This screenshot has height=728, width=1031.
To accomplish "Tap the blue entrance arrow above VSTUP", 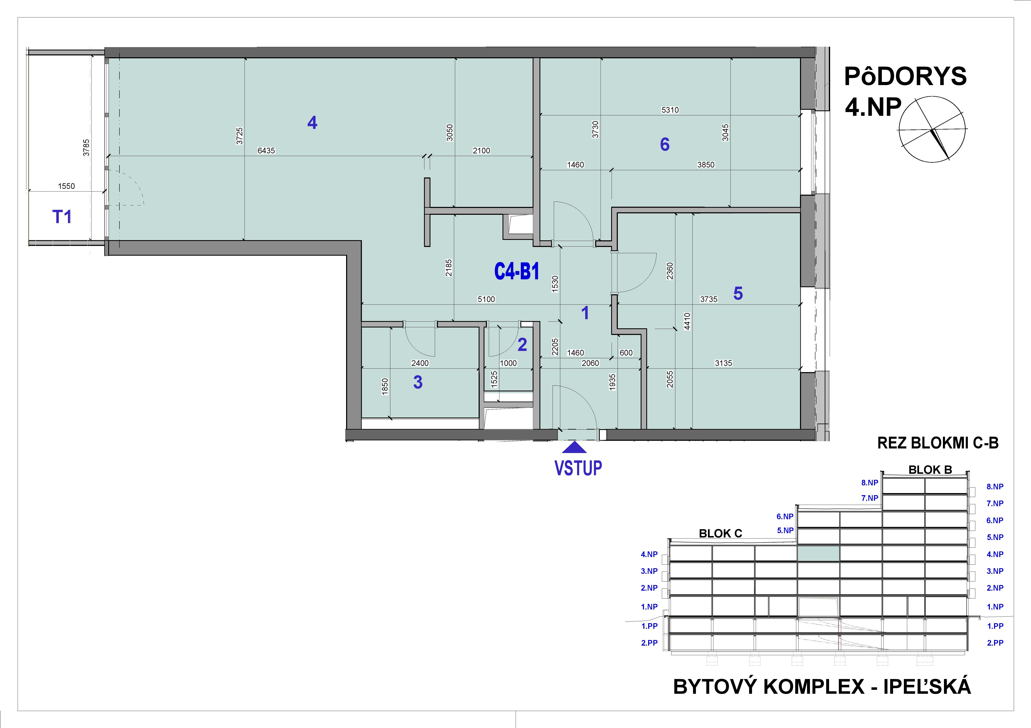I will [x=574, y=448].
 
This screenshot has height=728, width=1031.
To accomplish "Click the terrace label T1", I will [x=62, y=217].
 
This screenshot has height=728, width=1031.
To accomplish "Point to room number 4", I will [x=312, y=122].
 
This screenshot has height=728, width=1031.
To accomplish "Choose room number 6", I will [x=665, y=144].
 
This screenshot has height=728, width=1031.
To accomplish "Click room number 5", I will [x=738, y=294].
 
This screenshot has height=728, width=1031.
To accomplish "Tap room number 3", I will [x=418, y=382].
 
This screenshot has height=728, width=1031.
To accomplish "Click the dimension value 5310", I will [x=670, y=110].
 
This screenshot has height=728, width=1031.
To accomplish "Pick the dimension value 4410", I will [x=687, y=321].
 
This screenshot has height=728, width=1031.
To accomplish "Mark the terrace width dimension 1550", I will [x=66, y=186].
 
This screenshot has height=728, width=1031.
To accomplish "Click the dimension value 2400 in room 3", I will [x=420, y=363].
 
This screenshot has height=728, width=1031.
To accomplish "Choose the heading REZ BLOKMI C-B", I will [x=938, y=443].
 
